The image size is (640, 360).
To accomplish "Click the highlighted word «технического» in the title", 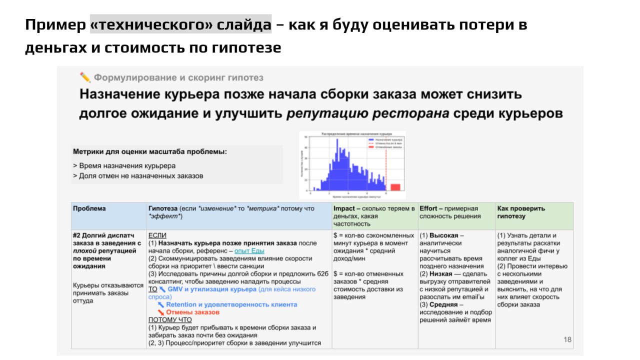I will pyautogui.click(x=180, y=24).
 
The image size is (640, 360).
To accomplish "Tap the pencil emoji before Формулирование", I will pyautogui.click(x=85, y=77).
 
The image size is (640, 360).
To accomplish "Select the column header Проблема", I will pyautogui.click(x=89, y=208).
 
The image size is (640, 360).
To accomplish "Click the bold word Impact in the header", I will pyautogui.click(x=344, y=208).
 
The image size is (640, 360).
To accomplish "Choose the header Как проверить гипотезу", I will pyautogui.click(x=521, y=212).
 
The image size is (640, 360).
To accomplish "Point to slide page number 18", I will pyautogui.click(x=567, y=340).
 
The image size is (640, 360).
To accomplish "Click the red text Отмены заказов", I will pyautogui.click(x=192, y=312).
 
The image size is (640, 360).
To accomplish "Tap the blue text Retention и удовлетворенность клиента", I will pyautogui.click(x=231, y=304).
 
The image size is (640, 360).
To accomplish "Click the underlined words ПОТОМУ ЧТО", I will pyautogui.click(x=170, y=320).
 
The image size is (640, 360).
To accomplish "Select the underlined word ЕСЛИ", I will pyautogui.click(x=157, y=235).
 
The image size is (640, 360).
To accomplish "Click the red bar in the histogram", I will pyautogui.click(x=395, y=187).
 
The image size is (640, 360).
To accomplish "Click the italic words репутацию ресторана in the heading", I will pyautogui.click(x=367, y=113).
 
